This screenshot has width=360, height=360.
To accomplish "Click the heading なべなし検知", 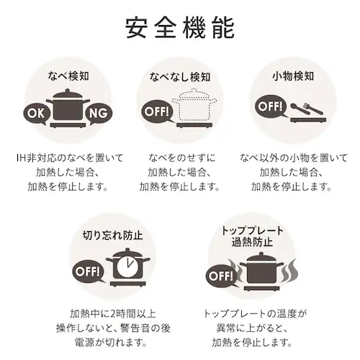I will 179,76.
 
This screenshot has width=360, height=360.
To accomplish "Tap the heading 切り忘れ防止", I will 112,235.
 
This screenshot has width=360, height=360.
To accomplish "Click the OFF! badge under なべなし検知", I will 157,112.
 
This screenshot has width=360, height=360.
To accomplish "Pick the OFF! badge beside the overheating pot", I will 220,276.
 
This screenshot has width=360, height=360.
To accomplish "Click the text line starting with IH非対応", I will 67,158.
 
